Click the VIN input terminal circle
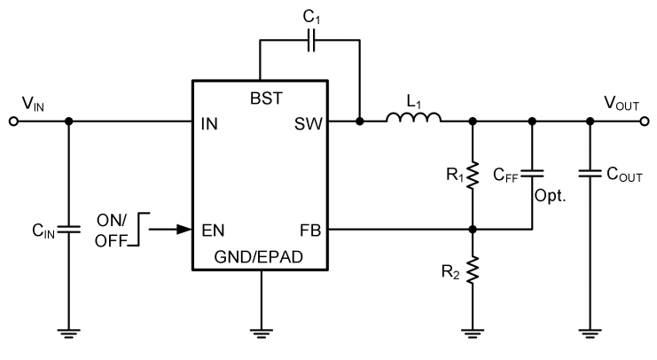12,121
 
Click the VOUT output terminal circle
645,121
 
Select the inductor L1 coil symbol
414,117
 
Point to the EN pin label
214,229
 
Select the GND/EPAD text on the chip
261,258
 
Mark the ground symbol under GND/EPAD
261,333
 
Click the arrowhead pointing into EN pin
184,229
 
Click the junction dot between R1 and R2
473,229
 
